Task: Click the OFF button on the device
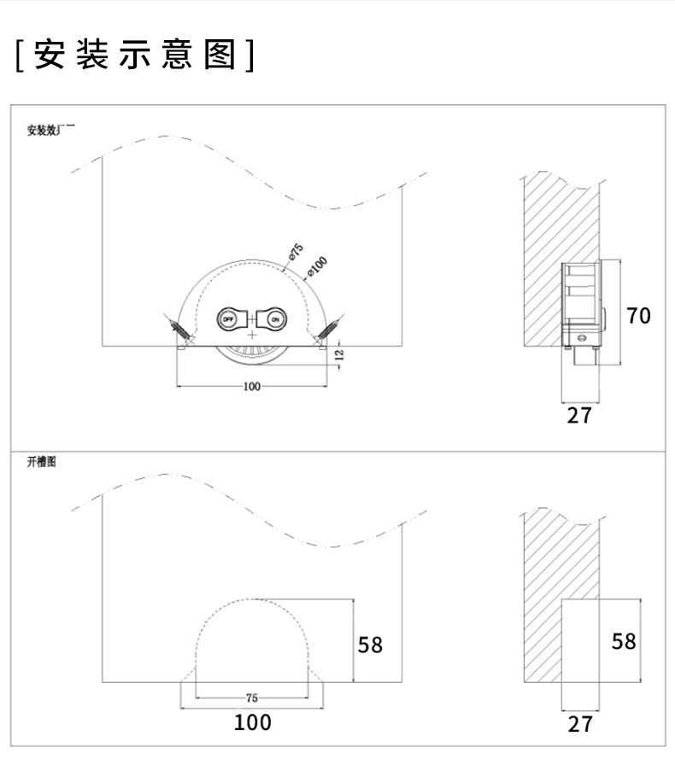point(228,319)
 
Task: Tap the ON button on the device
point(275,319)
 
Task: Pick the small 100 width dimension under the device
point(251,387)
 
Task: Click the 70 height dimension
point(638,316)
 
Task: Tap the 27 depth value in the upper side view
point(579,416)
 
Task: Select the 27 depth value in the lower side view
point(579,724)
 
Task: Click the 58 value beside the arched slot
point(370,645)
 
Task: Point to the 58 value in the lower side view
point(625,641)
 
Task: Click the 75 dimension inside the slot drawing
point(251,698)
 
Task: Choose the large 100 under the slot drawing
point(253,722)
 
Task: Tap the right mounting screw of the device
point(326,329)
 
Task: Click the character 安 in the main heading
point(50,56)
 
